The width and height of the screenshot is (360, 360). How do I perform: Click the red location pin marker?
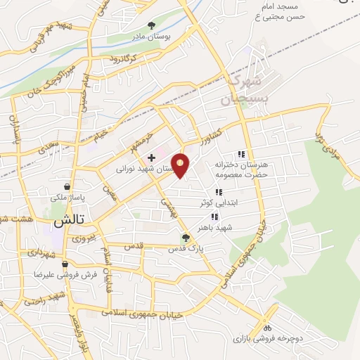coord(181,165)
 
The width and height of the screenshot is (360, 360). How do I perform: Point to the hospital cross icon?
coord(152,158)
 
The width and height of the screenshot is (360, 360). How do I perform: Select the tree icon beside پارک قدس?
coord(186,238)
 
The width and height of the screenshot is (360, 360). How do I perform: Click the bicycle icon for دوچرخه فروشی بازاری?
coord(267,328)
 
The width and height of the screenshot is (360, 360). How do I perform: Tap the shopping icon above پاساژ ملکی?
coord(67,187)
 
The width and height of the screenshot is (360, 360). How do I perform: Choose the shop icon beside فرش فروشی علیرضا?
coord(65,264)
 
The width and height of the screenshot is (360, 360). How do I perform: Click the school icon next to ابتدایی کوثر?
coord(219,192)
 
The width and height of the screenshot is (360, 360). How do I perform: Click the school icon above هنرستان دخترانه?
coord(242,154)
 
